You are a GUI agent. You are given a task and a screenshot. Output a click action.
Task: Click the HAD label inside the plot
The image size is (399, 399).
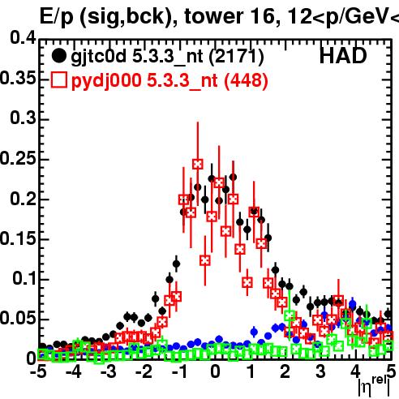coord(343,56)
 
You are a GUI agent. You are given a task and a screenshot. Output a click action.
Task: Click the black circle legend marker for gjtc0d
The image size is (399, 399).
coord(58,56)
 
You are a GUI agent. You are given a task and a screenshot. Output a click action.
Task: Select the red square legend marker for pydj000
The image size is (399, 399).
coord(58,80)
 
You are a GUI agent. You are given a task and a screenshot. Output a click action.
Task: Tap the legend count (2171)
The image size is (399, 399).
coord(236,57)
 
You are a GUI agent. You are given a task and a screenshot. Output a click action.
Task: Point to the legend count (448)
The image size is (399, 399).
coord(246,80)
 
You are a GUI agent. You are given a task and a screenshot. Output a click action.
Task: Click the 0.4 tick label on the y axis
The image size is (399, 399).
coord(23,37)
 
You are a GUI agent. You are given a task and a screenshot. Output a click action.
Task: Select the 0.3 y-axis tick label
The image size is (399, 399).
coord(23,118)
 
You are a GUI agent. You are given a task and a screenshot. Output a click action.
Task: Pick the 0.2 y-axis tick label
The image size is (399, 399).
coord(23,198)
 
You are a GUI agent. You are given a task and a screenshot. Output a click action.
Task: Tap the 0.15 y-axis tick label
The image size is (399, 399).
coord(18,238)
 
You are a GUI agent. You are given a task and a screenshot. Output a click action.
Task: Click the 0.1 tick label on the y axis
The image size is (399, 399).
coord(24,278)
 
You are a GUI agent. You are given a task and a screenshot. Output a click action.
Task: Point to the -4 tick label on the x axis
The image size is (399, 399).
coord(74,371)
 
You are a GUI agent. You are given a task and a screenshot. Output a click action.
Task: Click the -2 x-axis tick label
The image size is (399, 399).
coord(144,371)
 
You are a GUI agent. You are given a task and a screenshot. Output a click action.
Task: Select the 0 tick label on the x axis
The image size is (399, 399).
coord(215,371)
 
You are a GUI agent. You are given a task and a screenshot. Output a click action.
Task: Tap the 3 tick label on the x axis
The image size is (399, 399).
coord(320,371)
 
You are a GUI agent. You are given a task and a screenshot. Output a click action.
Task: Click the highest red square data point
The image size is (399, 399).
coord(198,164)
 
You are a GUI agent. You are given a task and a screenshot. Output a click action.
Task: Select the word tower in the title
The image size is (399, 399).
coord(213,17)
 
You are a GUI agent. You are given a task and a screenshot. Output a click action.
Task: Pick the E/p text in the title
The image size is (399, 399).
coord(57,18)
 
